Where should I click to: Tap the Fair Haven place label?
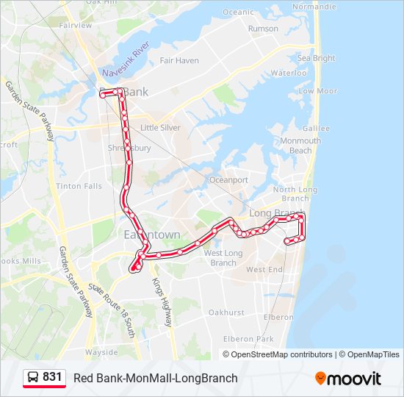[179, 60]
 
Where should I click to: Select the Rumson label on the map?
[263, 29]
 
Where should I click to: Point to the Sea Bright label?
[316, 58]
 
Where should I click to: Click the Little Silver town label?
[160, 127]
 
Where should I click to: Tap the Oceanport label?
[228, 180]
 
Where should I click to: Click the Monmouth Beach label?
[300, 146]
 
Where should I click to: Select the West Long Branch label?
[223, 258]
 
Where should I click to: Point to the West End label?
[264, 270]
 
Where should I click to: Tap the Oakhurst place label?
[226, 312]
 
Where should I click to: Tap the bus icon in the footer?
[33, 378]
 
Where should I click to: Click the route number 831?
[52, 377]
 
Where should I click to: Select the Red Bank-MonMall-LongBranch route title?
[156, 378]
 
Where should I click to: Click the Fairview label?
[76, 25]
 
